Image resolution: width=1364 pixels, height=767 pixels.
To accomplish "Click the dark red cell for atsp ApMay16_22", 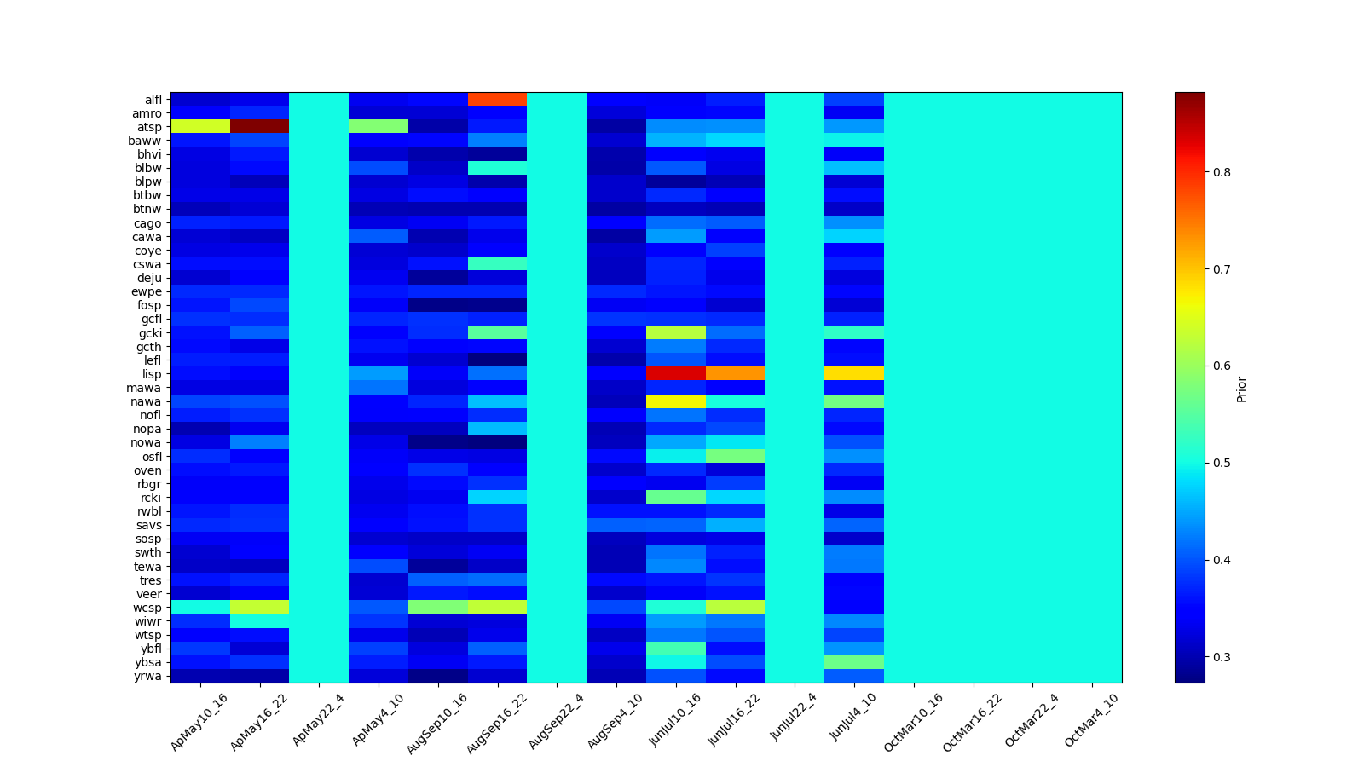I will [x=259, y=126].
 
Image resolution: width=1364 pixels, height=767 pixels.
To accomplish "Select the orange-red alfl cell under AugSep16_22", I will [x=497, y=99].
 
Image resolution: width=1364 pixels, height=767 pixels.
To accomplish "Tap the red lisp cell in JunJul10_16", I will [x=676, y=373].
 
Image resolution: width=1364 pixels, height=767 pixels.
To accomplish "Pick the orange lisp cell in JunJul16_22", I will [x=735, y=373].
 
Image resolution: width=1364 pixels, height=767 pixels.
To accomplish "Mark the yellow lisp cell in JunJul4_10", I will [x=854, y=373].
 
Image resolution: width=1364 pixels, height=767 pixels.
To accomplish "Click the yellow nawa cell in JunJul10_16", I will [x=676, y=401].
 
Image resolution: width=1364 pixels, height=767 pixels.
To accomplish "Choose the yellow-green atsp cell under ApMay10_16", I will [x=200, y=126].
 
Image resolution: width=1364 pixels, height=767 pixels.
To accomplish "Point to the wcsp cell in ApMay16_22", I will [x=259, y=607].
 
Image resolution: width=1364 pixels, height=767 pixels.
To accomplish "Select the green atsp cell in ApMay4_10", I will [x=379, y=126].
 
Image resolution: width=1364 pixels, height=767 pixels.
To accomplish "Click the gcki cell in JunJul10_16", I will [x=676, y=332].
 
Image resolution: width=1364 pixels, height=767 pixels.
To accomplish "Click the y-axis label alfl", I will [x=153, y=100].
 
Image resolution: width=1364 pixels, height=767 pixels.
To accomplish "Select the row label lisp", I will [x=152, y=374].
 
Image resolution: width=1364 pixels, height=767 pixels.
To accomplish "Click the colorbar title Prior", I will [x=1241, y=388].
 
